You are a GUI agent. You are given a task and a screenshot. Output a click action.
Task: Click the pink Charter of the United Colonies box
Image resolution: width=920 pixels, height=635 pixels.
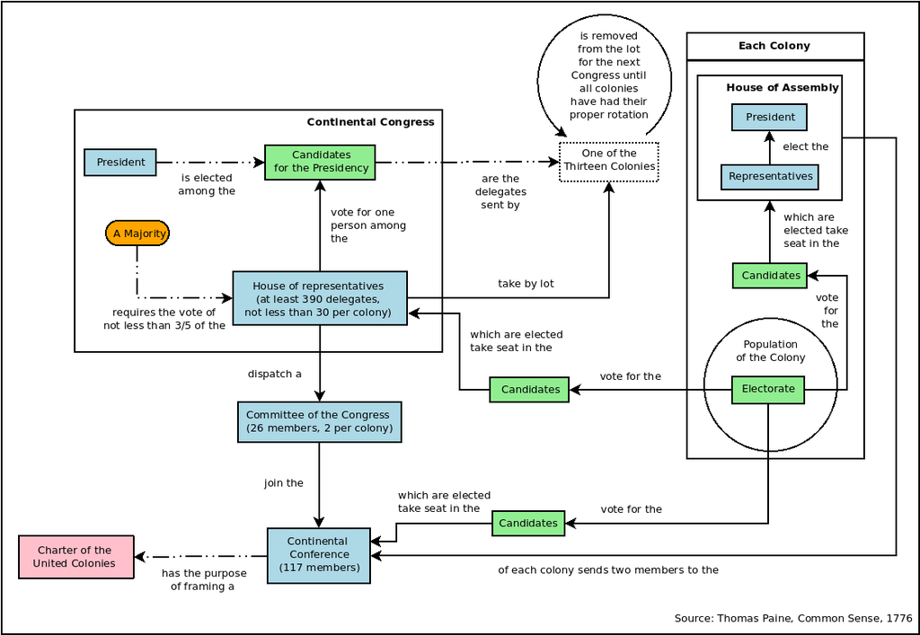point(75,557)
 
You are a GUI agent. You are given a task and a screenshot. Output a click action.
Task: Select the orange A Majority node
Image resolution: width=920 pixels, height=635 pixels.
point(137,234)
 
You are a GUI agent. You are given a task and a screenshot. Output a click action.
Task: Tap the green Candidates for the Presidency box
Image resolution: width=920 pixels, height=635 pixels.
point(321,162)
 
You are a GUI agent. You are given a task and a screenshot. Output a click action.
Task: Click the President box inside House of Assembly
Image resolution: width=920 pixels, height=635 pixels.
point(770,117)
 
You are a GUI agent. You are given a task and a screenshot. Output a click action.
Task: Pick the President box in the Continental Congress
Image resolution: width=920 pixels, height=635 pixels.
point(120,163)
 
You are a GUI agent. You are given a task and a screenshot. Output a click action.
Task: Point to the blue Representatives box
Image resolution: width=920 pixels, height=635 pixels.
point(770,176)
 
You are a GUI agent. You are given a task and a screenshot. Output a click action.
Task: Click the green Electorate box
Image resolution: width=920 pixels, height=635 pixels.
point(768,389)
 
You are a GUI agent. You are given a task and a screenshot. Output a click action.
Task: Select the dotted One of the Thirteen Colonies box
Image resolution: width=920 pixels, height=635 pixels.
point(609,161)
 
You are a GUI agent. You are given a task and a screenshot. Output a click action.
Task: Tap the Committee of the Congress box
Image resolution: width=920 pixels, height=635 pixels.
point(318,421)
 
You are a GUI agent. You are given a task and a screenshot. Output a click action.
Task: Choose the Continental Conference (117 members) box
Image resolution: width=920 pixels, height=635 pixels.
point(318,554)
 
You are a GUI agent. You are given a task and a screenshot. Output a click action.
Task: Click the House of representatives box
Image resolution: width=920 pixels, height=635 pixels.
point(319,298)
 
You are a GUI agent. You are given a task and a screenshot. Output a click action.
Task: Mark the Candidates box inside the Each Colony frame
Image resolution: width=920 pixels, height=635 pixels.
point(770,275)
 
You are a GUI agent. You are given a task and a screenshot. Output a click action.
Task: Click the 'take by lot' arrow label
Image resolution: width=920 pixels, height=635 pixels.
point(526,284)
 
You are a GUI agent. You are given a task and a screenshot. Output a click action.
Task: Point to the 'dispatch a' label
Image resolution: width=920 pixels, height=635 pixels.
point(274,374)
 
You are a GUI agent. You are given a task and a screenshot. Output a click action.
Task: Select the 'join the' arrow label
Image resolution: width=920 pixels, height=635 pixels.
point(283,483)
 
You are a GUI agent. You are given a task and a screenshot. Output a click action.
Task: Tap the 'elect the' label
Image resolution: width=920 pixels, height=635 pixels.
point(806,146)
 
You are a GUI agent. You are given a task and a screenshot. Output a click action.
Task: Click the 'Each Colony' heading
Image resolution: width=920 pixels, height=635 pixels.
point(774,46)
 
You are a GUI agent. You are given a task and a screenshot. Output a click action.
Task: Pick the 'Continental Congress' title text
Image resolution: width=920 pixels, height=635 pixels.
point(370,122)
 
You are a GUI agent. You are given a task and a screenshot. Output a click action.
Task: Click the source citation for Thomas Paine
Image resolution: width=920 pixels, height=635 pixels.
point(792,618)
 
